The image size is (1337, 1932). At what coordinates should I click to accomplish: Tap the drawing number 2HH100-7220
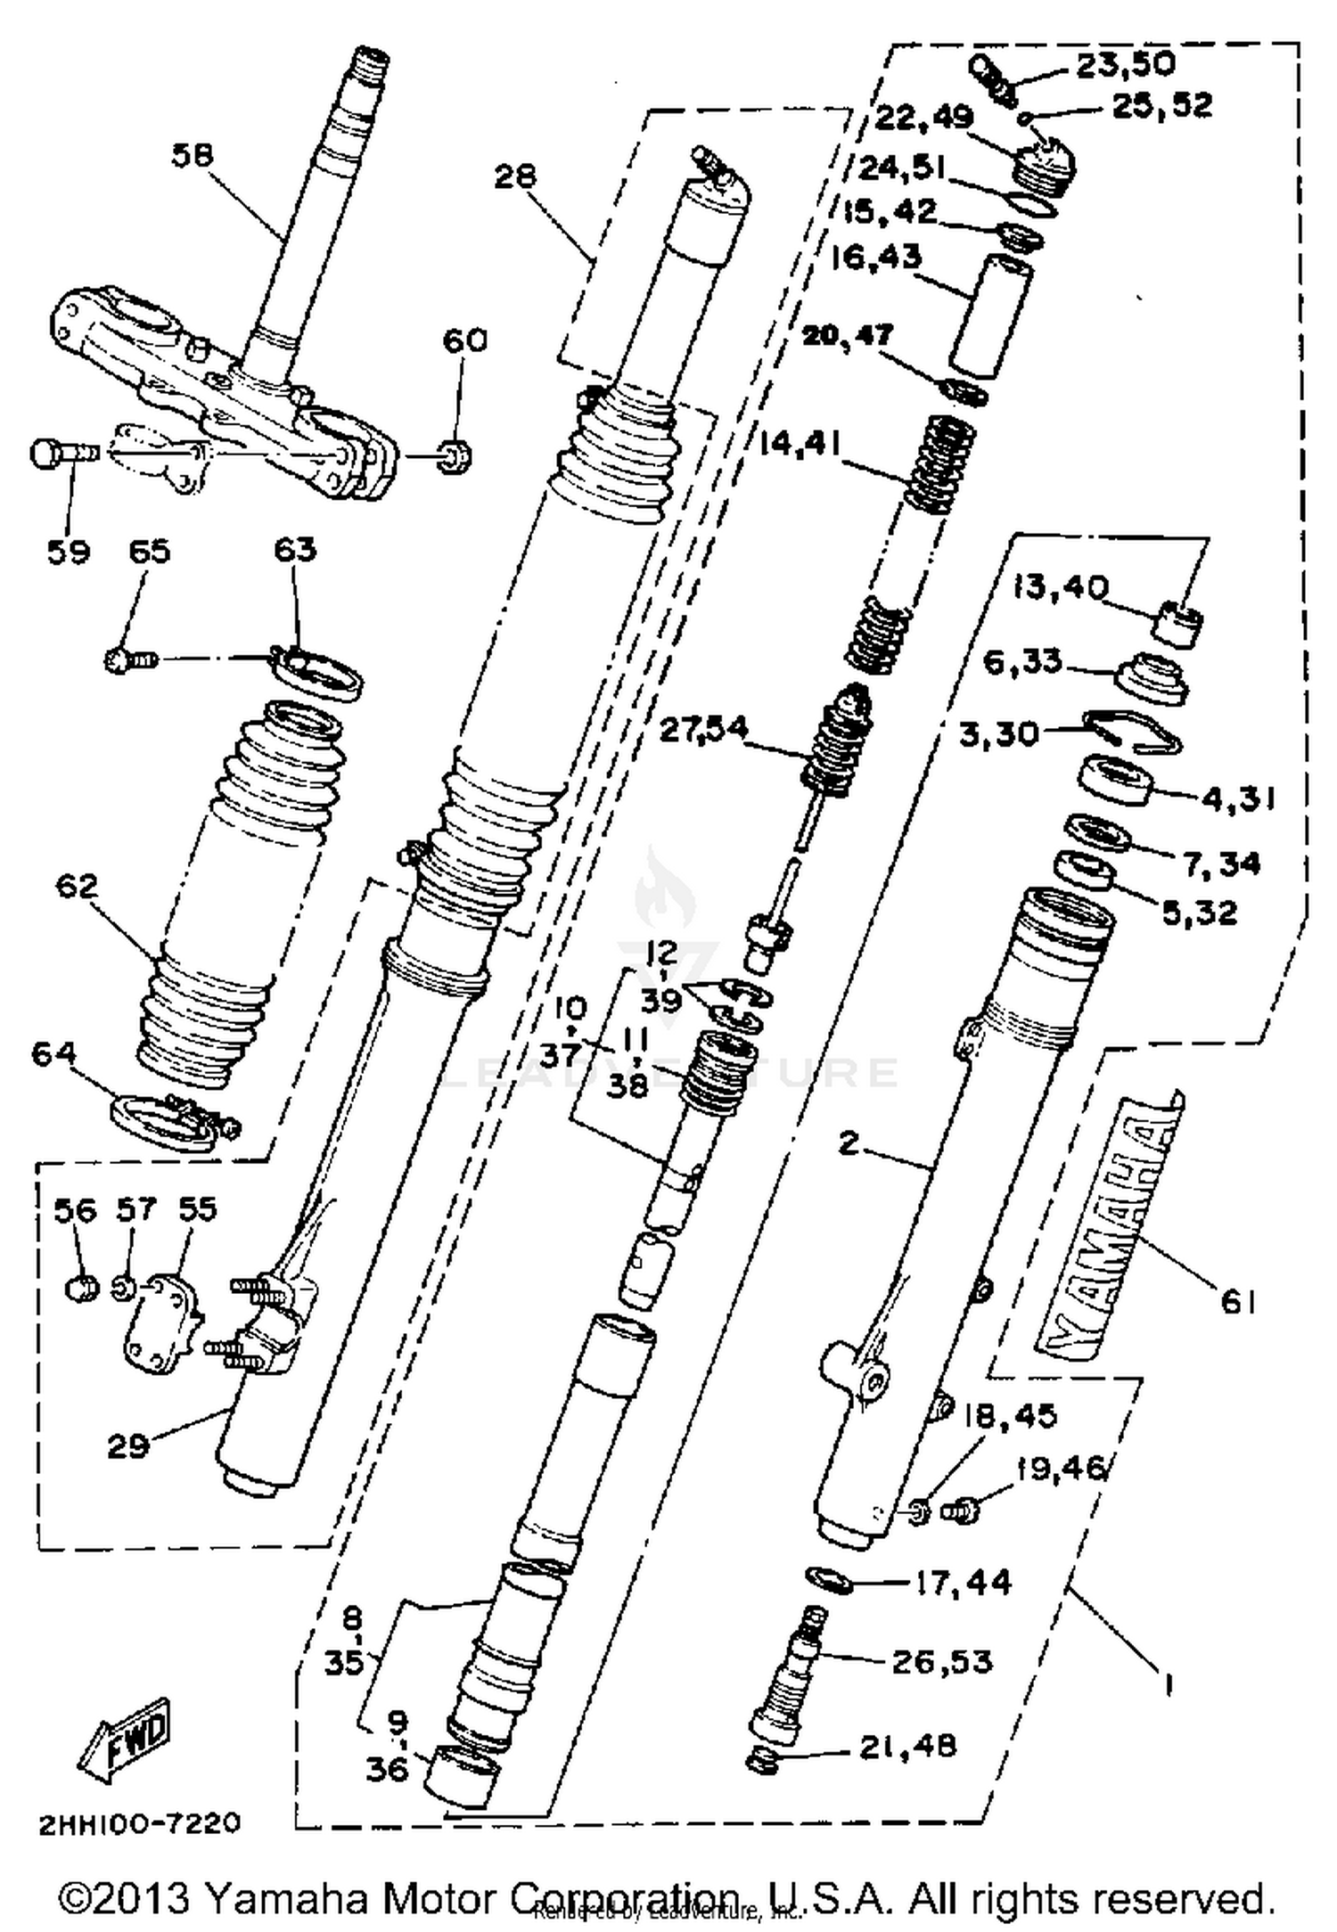(x=139, y=1823)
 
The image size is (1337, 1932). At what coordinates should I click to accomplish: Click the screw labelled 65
(x=130, y=660)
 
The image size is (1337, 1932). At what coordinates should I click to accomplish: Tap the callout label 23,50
(x=1125, y=64)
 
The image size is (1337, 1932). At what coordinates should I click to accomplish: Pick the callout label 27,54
(x=702, y=730)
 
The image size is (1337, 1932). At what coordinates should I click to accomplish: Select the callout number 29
(x=127, y=1445)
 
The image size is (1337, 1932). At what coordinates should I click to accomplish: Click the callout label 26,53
(x=941, y=1661)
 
